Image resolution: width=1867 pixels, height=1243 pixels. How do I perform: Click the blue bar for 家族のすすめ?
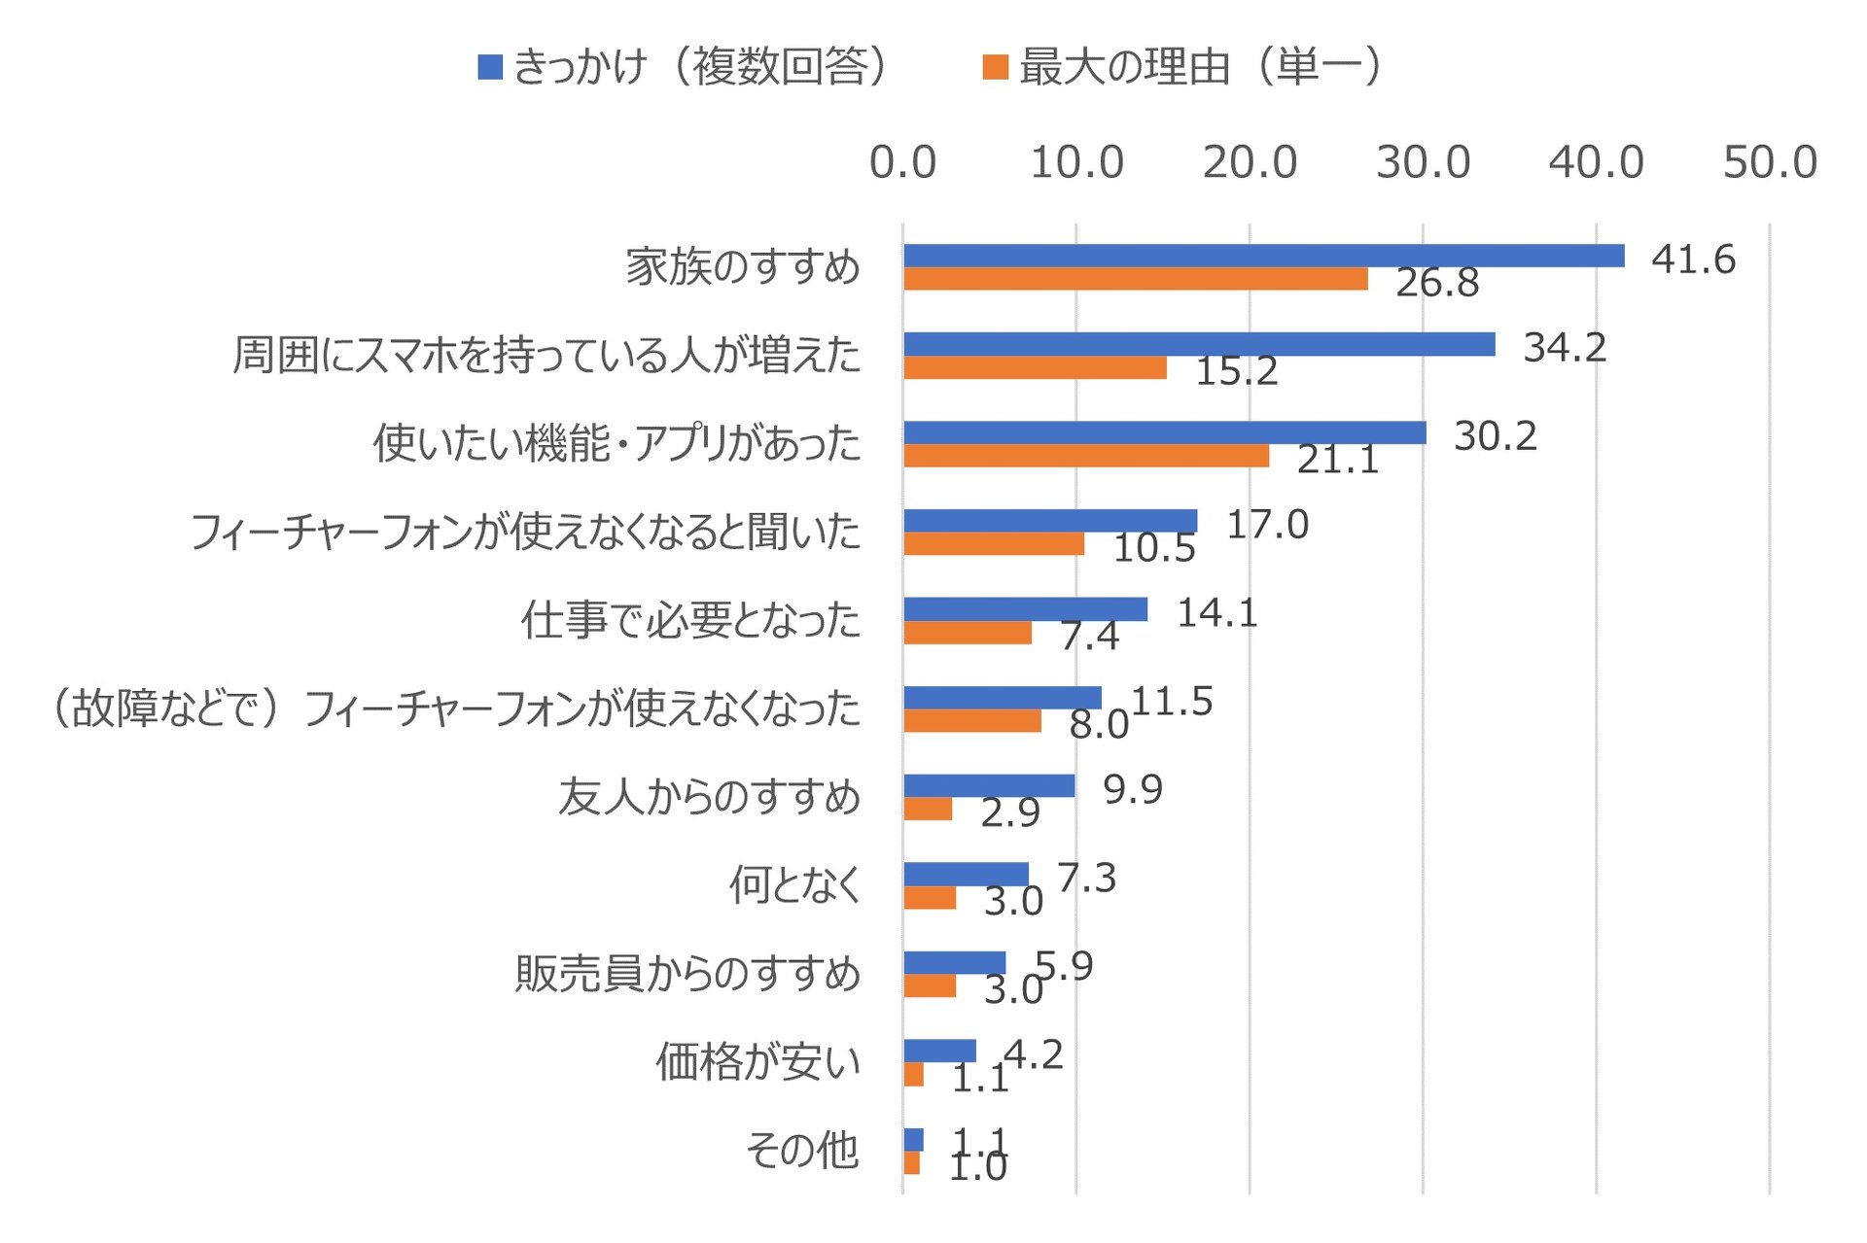pyautogui.click(x=1263, y=256)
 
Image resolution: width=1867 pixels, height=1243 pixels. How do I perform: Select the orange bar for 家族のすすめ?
pyautogui.click(x=1135, y=279)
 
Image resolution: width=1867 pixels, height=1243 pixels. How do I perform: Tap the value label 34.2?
pyautogui.click(x=1564, y=347)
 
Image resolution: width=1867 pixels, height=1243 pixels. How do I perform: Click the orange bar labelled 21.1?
pyautogui.click(x=1085, y=456)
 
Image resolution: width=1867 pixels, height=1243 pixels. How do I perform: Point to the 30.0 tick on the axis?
pyautogui.click(x=1423, y=162)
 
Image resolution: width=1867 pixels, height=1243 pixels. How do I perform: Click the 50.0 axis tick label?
pyautogui.click(x=1769, y=162)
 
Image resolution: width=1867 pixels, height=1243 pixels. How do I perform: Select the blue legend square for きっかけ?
pyautogui.click(x=490, y=67)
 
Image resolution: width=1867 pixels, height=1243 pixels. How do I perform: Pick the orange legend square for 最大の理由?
pyautogui.click(x=995, y=67)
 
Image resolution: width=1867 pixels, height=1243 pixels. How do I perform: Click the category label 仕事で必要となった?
pyautogui.click(x=690, y=620)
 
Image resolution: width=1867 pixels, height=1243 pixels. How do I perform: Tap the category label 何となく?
pyautogui.click(x=795, y=885)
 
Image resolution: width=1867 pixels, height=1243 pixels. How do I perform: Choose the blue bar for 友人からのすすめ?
pyautogui.click(x=989, y=785)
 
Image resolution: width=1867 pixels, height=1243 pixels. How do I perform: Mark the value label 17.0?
pyautogui.click(x=1267, y=525)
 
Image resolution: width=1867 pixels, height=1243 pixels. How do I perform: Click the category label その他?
pyautogui.click(x=802, y=1151)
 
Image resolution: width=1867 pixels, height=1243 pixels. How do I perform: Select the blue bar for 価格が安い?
pyautogui.click(x=939, y=1051)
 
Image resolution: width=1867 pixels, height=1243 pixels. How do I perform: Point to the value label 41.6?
pyautogui.click(x=1693, y=259)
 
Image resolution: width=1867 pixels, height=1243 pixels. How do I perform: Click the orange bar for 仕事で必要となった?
pyautogui.click(x=968, y=633)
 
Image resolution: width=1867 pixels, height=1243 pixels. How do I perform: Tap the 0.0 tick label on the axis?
pyautogui.click(x=902, y=162)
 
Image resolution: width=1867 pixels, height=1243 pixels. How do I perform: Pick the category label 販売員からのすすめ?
pyautogui.click(x=687, y=974)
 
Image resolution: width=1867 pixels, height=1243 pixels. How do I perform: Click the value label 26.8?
pyautogui.click(x=1436, y=283)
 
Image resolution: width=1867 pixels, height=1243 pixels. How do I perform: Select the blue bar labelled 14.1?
pyautogui.click(x=1025, y=609)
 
